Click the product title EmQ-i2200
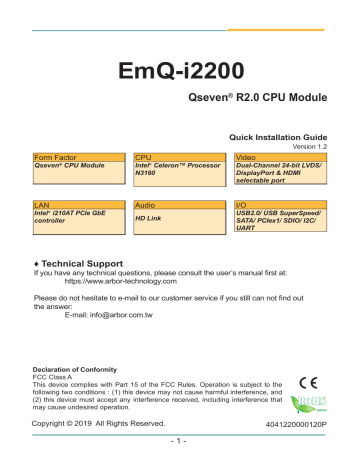180,73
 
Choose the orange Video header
247,158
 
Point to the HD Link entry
149,217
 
